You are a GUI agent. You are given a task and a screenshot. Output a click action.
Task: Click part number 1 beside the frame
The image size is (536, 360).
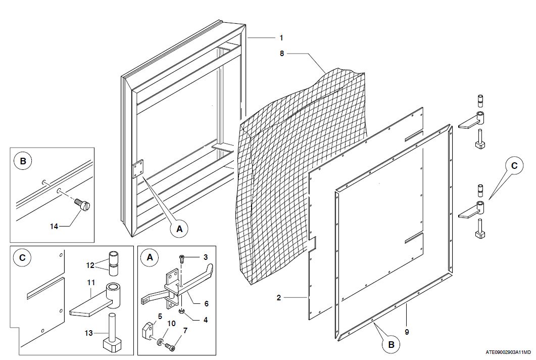click(x=281, y=38)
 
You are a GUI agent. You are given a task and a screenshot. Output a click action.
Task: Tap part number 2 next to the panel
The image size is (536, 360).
click(x=278, y=298)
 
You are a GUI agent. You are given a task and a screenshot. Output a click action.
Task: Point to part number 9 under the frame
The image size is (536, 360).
click(x=407, y=332)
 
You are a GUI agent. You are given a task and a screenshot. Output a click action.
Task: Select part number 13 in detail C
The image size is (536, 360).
click(x=89, y=332)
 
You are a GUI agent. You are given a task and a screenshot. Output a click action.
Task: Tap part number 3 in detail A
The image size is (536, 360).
click(x=205, y=257)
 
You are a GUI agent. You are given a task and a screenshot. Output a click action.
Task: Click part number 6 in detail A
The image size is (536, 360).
click(x=206, y=303)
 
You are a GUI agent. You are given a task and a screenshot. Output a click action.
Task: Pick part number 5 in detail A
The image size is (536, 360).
click(x=159, y=317)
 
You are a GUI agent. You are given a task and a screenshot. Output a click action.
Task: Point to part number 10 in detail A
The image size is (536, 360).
click(x=171, y=323)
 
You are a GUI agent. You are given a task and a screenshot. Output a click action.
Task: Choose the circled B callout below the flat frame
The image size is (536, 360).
click(x=392, y=345)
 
